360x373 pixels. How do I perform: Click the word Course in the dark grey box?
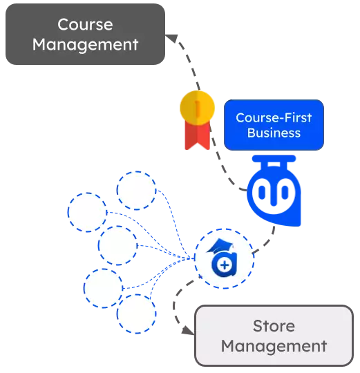tap(85, 24)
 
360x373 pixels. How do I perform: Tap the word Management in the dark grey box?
tap(85, 45)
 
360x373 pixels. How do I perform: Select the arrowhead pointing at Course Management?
tap(172, 39)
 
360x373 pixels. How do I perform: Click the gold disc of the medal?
tap(197, 108)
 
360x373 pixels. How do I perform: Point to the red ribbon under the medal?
tap(197, 135)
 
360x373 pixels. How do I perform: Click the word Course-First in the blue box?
tap(274, 117)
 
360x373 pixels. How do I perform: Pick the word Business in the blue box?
tap(274, 133)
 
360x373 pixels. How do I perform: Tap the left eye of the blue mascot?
tap(262, 192)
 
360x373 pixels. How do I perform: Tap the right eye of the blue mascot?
tap(285, 192)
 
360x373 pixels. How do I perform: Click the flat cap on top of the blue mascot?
tap(274, 159)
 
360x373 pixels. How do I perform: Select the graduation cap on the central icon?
tap(220, 246)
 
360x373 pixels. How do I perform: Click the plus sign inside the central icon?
tap(224, 265)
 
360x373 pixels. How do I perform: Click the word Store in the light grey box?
tap(274, 326)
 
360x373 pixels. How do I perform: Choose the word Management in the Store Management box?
tap(274, 346)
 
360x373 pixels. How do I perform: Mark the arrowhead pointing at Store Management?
tap(188, 331)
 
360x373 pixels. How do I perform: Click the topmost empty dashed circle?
tap(136, 191)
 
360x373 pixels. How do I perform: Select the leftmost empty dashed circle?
tap(87, 212)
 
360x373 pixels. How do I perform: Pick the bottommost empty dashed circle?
tap(136, 314)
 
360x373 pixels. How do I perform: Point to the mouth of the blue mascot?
tap(274, 202)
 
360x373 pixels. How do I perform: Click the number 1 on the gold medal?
tap(197, 108)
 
